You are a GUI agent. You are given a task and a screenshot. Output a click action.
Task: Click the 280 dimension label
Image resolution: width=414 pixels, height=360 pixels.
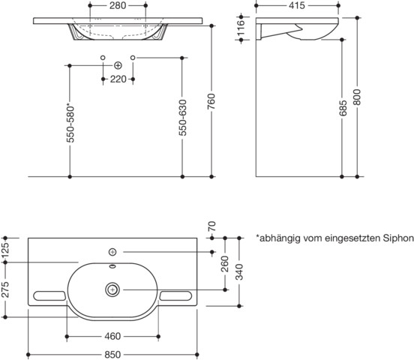tap(118, 5)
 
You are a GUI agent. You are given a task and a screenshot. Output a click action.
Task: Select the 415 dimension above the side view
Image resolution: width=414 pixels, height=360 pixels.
tap(297, 5)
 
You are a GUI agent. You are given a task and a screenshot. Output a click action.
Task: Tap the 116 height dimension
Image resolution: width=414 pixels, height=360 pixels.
tap(241, 28)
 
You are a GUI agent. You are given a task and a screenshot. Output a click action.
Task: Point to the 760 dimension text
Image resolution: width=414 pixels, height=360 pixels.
tap(211, 101)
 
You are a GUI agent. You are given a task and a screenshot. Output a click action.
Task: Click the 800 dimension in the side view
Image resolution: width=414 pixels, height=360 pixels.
tap(357, 97)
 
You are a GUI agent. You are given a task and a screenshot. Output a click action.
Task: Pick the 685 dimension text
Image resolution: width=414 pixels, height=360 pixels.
tap(343, 108)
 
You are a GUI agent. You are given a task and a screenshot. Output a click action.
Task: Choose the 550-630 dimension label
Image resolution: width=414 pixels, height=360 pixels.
tap(182, 118)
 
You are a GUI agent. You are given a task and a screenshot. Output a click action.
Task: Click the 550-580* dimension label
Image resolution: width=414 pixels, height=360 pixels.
tap(70, 122)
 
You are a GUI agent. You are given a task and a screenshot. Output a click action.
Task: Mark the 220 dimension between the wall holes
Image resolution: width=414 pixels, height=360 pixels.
tap(118, 79)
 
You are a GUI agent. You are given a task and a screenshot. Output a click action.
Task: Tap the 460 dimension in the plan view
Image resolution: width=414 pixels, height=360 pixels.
tap(112, 336)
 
